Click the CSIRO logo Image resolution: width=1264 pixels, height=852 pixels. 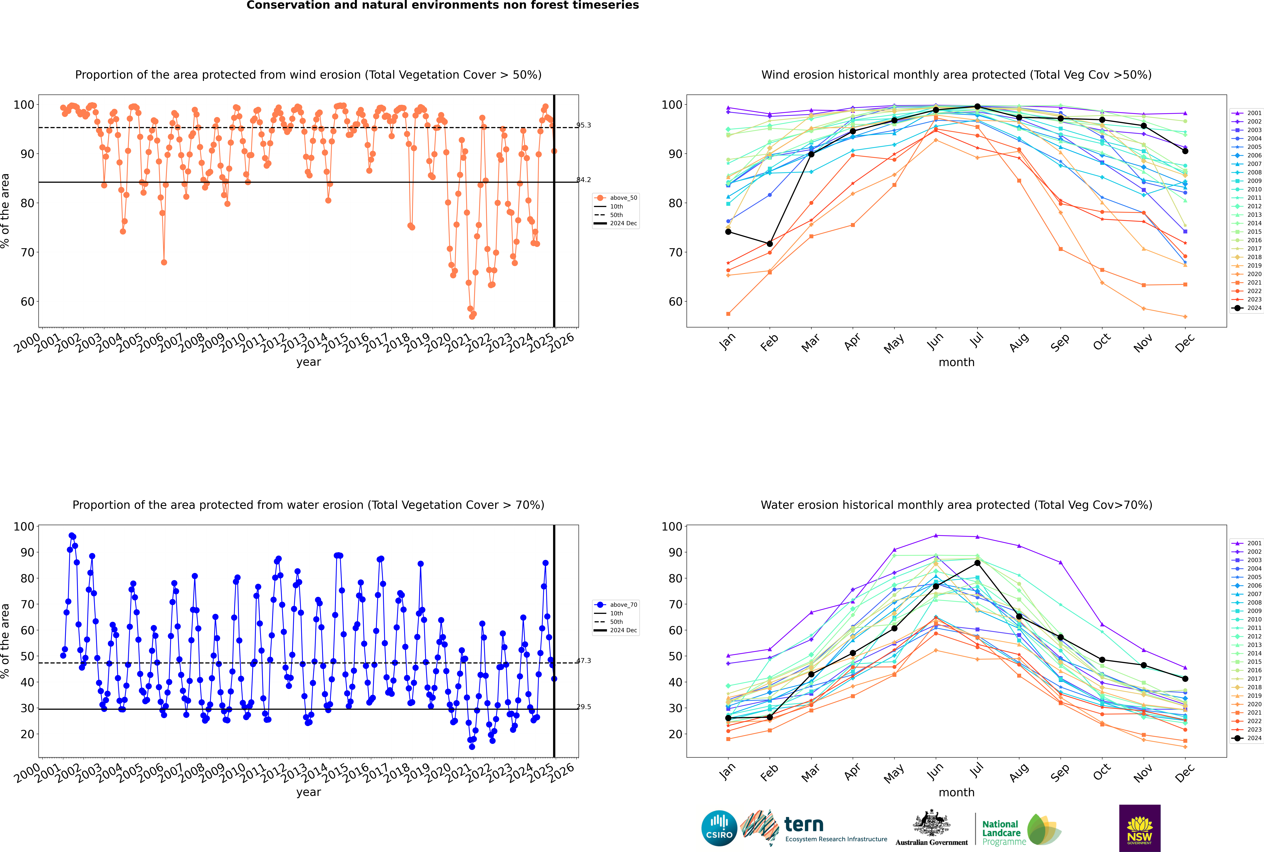pyautogui.click(x=719, y=828)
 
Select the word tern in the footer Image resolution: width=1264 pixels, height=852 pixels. pyautogui.click(x=804, y=825)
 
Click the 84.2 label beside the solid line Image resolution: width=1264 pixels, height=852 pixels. pyautogui.click(x=584, y=180)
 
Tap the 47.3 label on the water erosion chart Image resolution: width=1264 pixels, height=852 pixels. pyautogui.click(x=584, y=661)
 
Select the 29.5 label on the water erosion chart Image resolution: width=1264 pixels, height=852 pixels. pyautogui.click(x=584, y=707)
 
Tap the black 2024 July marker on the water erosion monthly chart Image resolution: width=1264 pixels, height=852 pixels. pyautogui.click(x=977, y=563)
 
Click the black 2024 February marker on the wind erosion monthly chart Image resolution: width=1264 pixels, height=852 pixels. pyautogui.click(x=769, y=244)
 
